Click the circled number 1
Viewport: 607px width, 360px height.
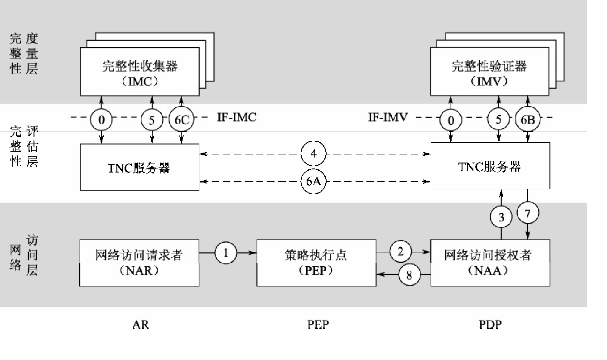click(x=226, y=253)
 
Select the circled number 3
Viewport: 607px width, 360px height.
click(x=501, y=217)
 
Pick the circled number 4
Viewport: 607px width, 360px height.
click(x=313, y=154)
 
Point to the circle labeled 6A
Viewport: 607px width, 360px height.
click(x=313, y=182)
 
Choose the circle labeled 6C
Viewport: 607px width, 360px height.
click(x=182, y=120)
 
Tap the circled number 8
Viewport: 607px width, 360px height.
click(x=409, y=275)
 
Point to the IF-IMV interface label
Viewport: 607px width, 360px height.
click(x=388, y=118)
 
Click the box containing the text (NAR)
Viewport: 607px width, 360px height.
click(x=140, y=263)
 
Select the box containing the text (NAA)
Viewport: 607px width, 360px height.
click(x=490, y=263)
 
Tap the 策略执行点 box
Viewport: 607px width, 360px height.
click(x=316, y=263)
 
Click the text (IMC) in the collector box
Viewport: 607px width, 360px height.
click(x=140, y=82)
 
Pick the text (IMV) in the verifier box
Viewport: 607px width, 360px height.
click(x=489, y=82)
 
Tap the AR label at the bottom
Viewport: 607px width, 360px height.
click(x=140, y=324)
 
